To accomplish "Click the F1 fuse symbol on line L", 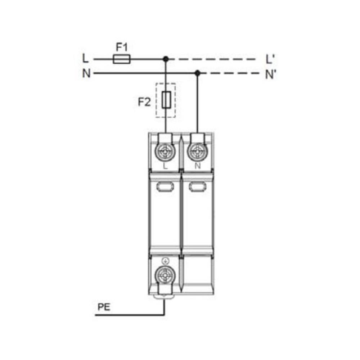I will pos(122,59).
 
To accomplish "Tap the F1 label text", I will pos(122,47).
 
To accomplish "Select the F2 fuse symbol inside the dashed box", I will pos(166,100).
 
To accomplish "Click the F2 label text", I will pos(144,102).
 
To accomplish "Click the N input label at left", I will pos(86,74).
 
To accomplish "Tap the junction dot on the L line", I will pos(166,59).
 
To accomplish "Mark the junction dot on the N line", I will pos(197,73).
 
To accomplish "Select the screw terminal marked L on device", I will pos(166,152).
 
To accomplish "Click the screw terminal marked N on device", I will pos(197,152).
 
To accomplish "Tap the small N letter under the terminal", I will pos(197,166).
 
